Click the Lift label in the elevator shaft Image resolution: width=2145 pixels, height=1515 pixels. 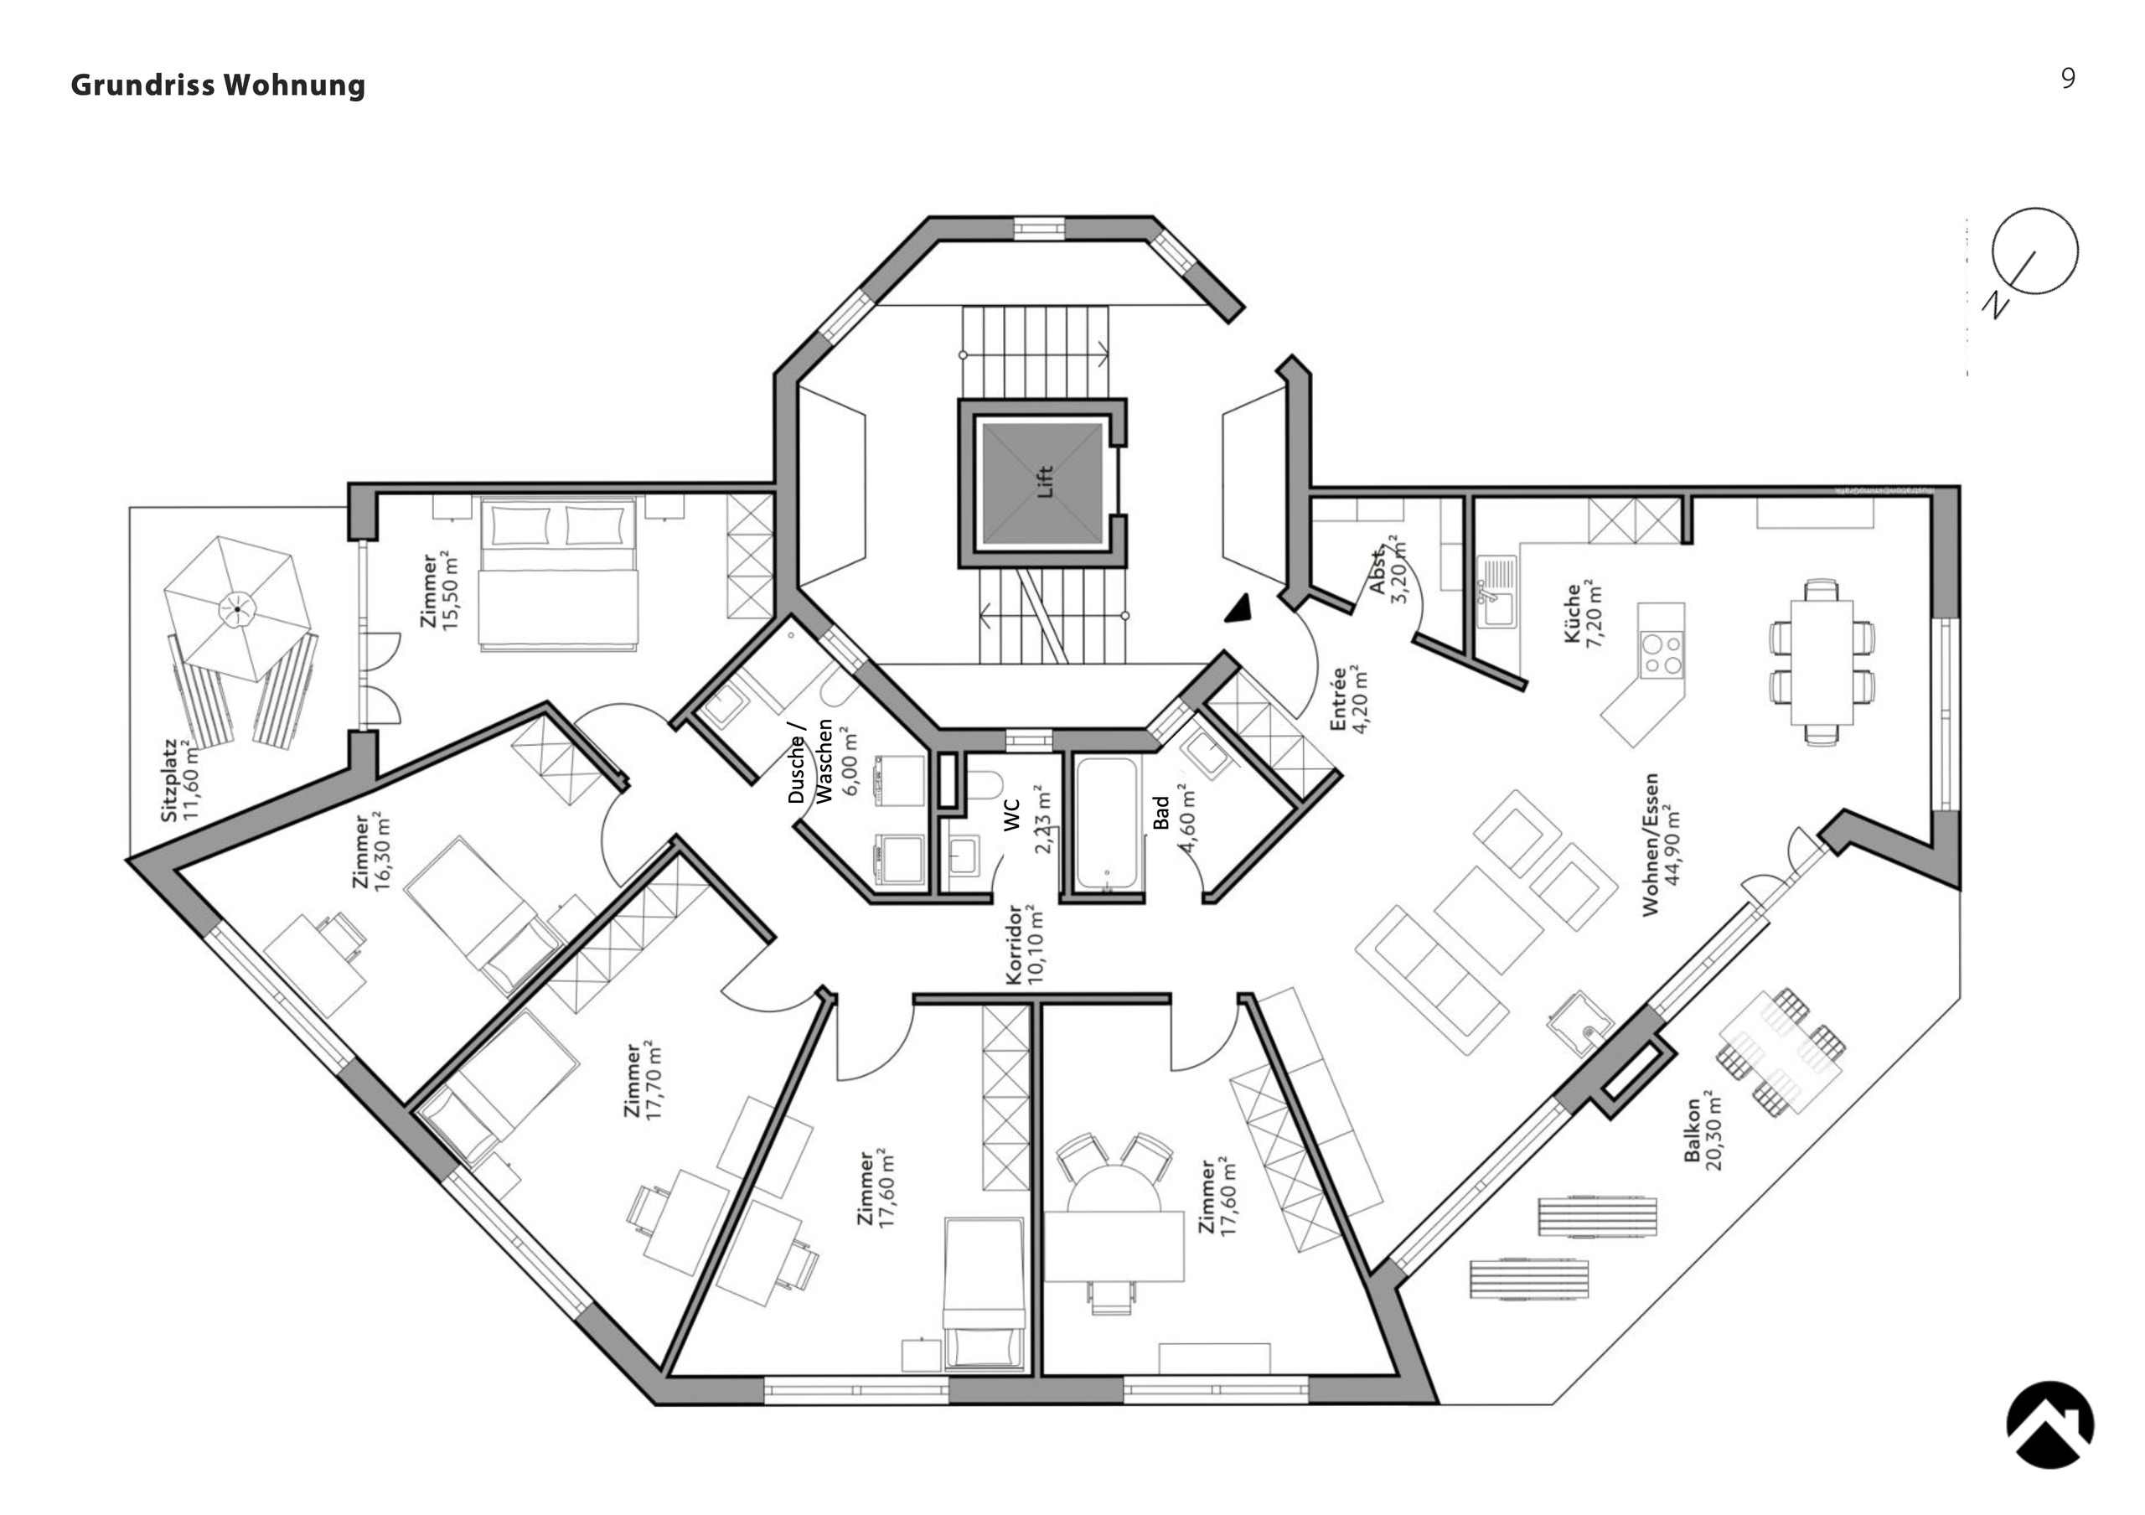[1045, 482]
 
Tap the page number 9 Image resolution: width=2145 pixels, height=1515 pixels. [2067, 79]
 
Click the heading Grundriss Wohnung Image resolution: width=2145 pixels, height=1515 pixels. [218, 85]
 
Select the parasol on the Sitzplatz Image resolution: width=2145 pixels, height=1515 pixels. [237, 609]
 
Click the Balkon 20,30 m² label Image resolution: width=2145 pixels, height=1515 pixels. [1703, 1130]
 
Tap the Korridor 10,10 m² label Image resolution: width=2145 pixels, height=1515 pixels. [1025, 944]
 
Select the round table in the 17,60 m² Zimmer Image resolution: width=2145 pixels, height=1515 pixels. [1114, 1191]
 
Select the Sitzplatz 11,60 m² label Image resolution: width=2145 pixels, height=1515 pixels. [179, 781]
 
